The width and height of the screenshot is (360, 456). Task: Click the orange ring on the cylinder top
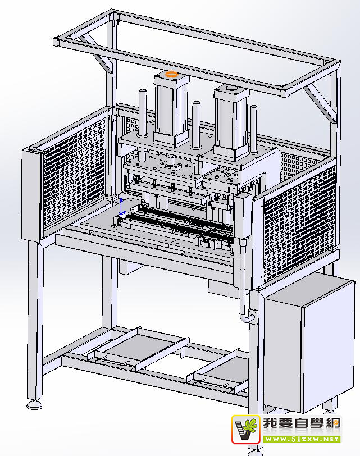click(171, 75)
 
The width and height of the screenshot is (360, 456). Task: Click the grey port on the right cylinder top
click(231, 89)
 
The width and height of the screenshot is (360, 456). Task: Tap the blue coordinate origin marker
click(121, 208)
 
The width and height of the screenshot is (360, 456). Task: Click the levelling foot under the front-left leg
click(34, 404)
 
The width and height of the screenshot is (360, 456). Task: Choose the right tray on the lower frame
click(222, 370)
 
